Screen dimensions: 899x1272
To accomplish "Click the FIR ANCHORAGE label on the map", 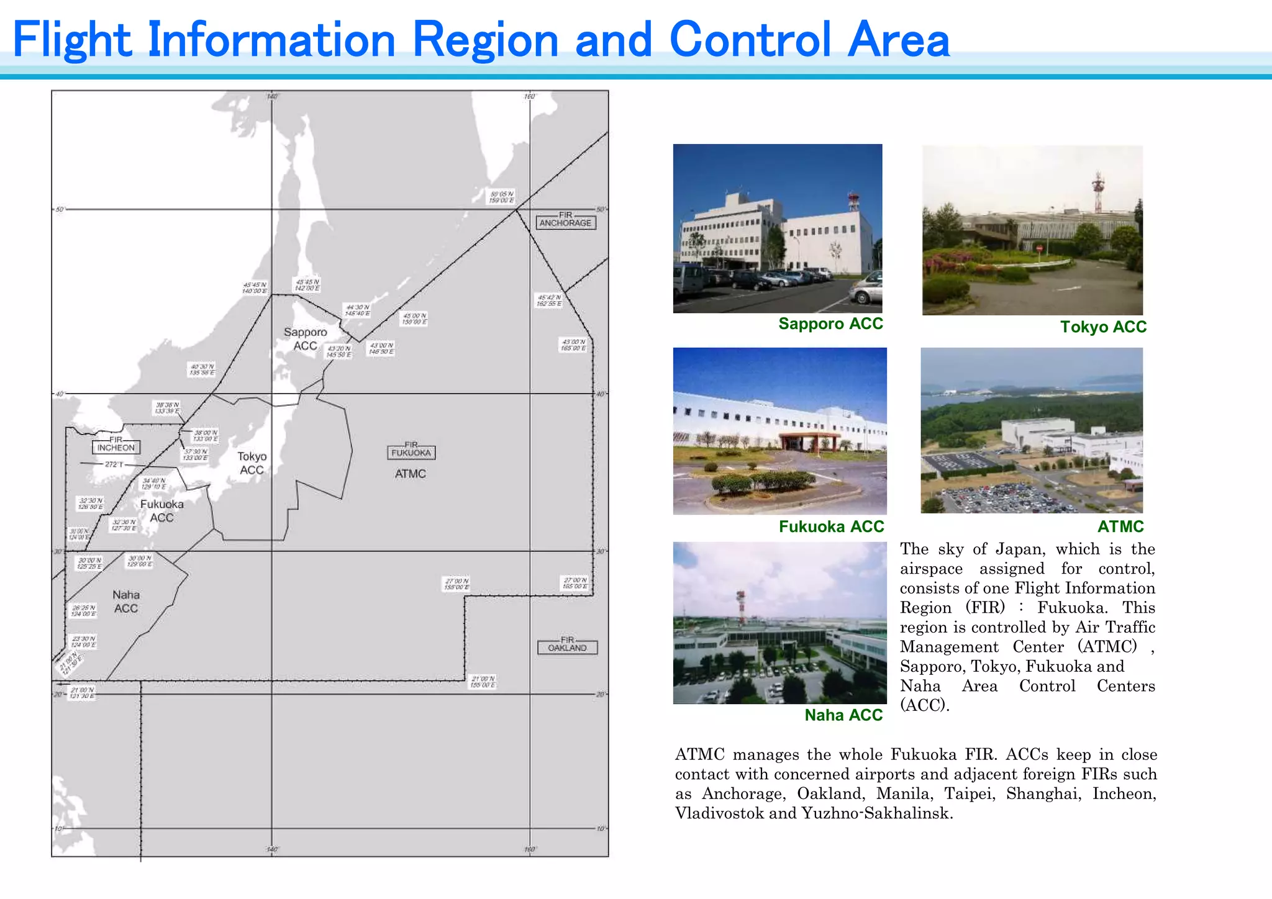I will [x=565, y=220].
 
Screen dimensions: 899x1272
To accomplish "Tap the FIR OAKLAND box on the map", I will [x=567, y=645].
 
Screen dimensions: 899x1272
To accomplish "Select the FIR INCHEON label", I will [x=116, y=445].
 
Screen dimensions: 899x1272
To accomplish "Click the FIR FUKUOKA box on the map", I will [x=411, y=451].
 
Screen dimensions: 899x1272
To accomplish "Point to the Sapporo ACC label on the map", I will [x=305, y=339].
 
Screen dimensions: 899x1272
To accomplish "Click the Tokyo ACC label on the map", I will [x=252, y=463].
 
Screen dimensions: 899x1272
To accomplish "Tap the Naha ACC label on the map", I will [x=126, y=602].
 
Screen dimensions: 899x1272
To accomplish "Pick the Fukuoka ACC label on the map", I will [x=161, y=510].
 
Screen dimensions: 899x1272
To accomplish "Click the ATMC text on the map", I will [x=411, y=474].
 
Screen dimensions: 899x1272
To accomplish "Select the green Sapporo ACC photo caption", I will [x=830, y=323].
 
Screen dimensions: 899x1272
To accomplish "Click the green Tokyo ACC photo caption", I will [x=1103, y=327].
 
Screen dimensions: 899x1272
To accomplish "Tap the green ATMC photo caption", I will [x=1120, y=526].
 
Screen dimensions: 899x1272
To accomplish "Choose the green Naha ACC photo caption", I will [x=843, y=715].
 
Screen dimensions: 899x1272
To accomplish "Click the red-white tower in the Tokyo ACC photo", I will [x=1098, y=191].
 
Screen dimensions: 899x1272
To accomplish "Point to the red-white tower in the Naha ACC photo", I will [x=740, y=607].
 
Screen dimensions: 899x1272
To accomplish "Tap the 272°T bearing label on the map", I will [x=114, y=464].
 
